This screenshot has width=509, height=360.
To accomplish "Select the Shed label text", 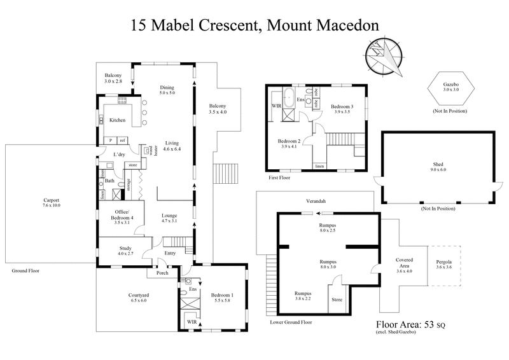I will (x=437, y=165).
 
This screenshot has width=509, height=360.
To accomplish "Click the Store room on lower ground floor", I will (x=337, y=300).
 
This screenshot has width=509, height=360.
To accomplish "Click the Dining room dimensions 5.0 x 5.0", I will (x=167, y=93).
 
